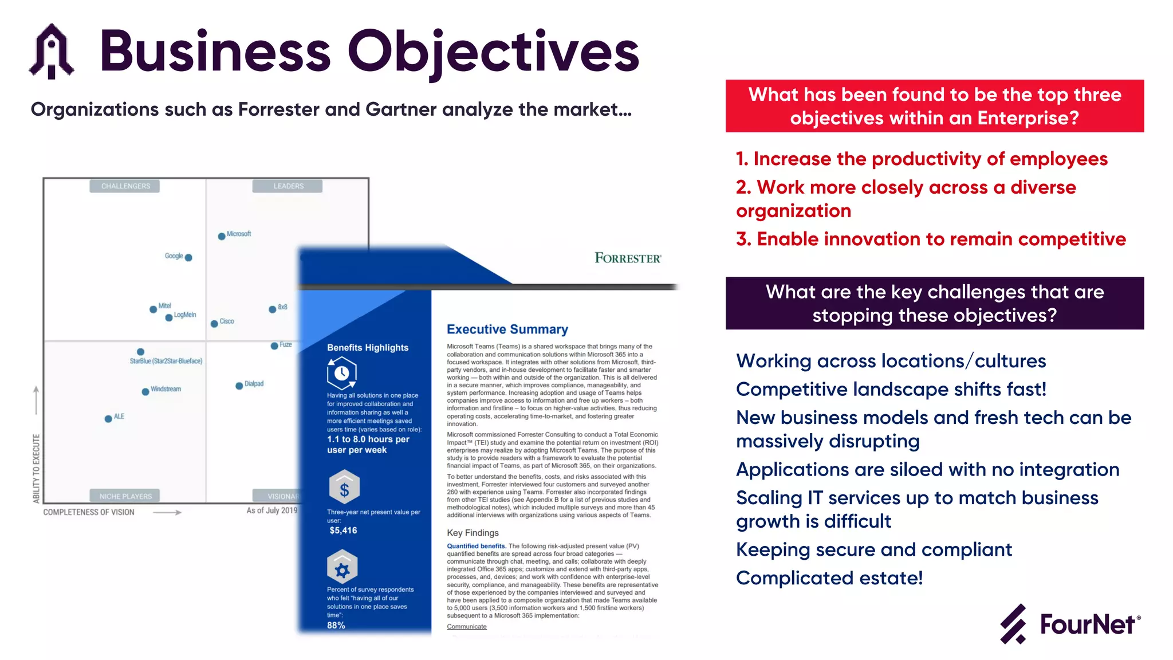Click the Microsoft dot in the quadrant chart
pos(222,236)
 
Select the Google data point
pos(188,258)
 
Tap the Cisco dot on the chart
pos(214,324)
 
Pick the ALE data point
pos(108,419)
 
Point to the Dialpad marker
pos(239,386)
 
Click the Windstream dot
pos(145,392)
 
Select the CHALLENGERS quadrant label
pos(125,186)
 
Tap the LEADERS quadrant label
pos(288,186)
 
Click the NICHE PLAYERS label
pos(125,496)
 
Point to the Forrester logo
pos(628,258)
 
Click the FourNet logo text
pos(1087,624)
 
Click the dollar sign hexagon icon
pos(344,488)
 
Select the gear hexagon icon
pos(342,568)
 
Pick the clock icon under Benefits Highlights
pos(342,373)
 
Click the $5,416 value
pos(343,531)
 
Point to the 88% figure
pos(336,625)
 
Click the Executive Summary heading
pos(507,329)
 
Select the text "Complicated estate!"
pos(829,578)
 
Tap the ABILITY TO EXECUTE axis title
pos(37,469)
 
